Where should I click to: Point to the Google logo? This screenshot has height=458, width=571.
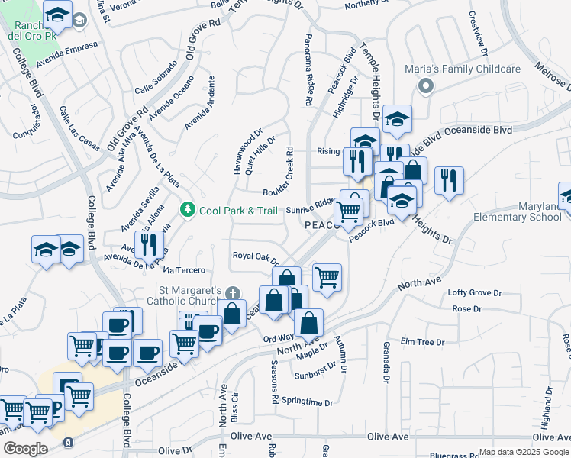24,449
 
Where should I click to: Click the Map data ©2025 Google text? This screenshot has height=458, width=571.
524,452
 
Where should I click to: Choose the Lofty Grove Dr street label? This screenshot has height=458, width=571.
474,293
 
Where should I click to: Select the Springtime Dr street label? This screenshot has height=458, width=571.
308,402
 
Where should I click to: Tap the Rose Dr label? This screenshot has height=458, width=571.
467,309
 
